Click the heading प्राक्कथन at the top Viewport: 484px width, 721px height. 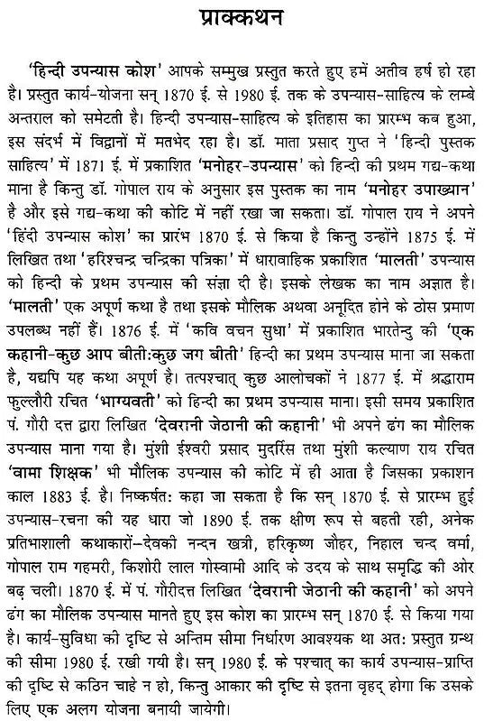[x=242, y=20]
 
